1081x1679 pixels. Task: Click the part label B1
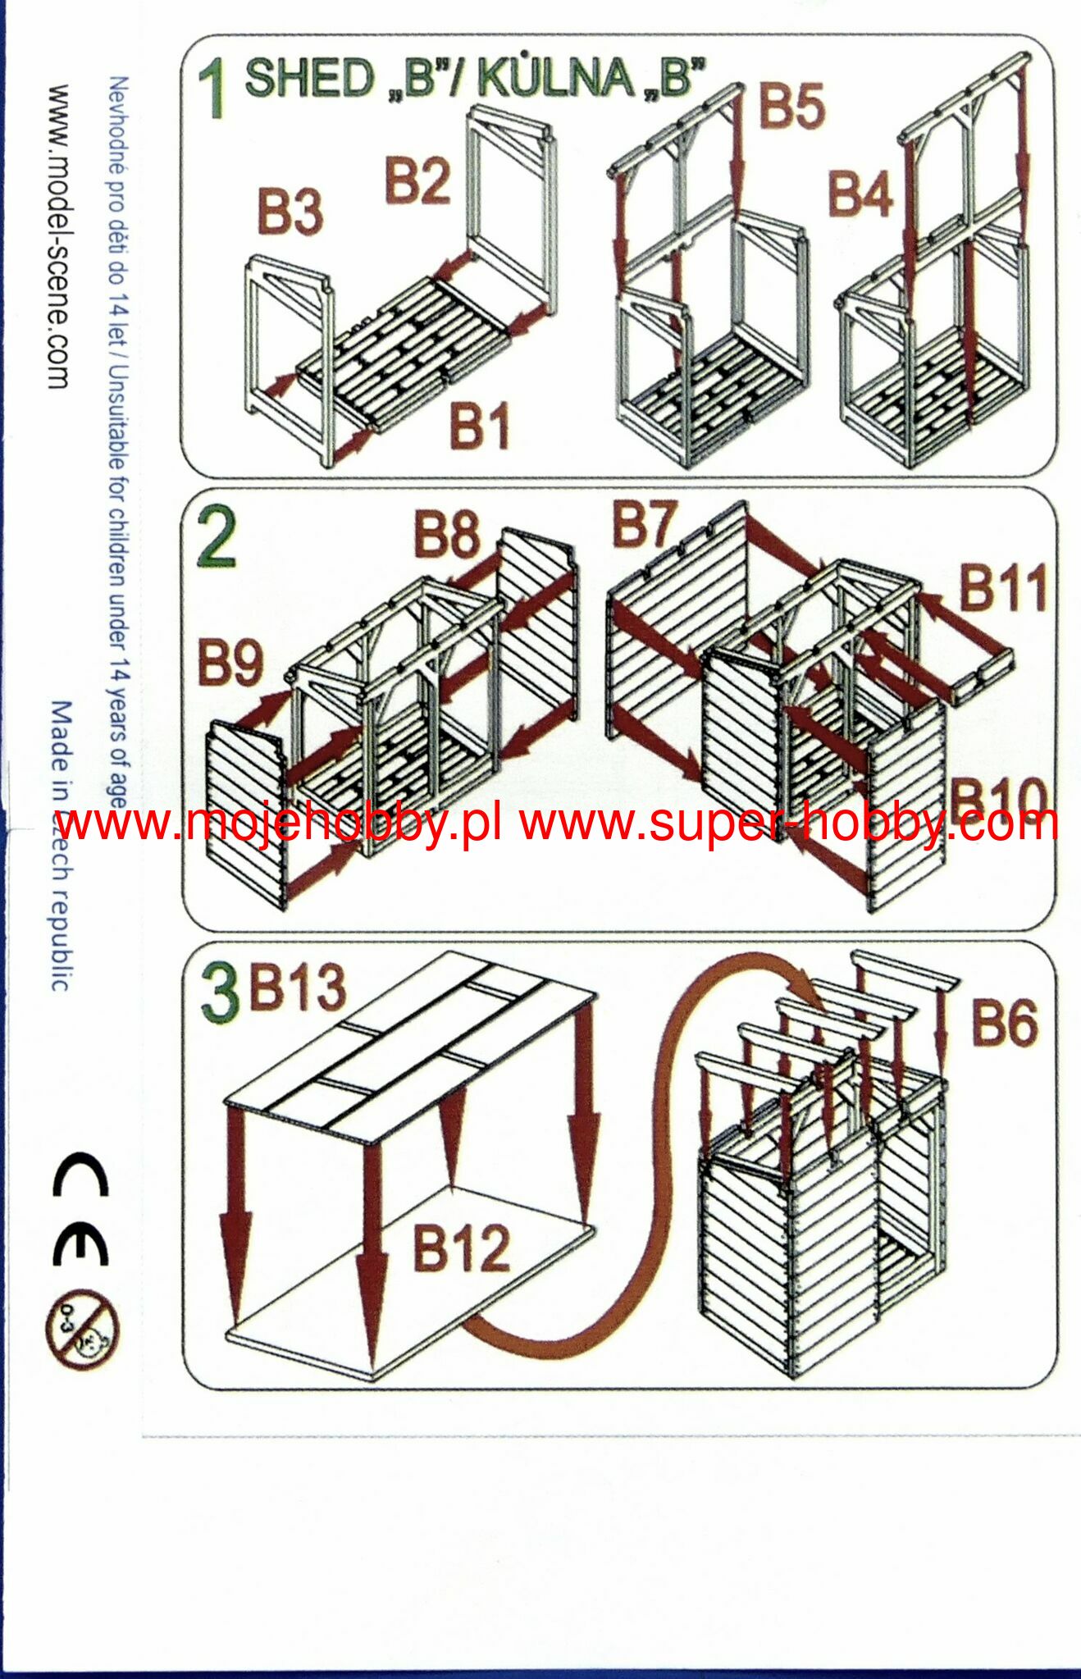click(x=479, y=427)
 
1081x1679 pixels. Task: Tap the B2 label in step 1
click(x=417, y=181)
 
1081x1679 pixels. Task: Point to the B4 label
click(x=860, y=194)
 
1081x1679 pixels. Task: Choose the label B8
click(x=447, y=534)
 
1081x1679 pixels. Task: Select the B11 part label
click(x=1004, y=588)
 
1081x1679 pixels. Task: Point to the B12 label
click(x=462, y=1248)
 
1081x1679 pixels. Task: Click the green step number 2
click(x=217, y=537)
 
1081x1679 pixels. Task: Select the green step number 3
click(x=220, y=993)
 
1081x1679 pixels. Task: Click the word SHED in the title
click(x=311, y=79)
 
